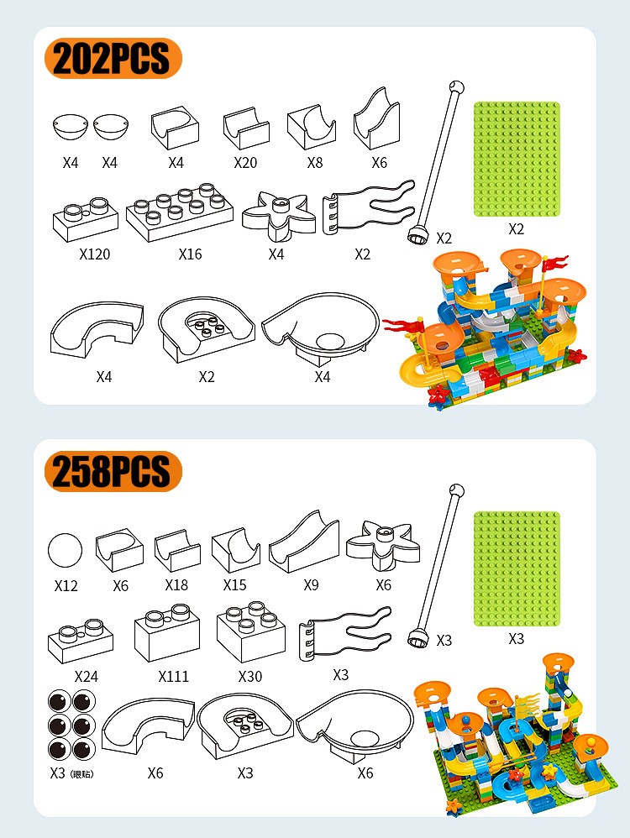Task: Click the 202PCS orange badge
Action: click(113, 58)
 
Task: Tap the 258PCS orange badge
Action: click(113, 471)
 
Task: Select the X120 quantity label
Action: click(95, 254)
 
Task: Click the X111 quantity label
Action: click(174, 677)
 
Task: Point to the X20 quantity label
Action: click(245, 162)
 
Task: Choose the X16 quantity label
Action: click(190, 254)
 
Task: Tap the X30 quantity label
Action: click(250, 677)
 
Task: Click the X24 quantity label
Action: click(87, 677)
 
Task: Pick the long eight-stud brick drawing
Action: click(180, 212)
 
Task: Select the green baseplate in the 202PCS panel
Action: click(517, 160)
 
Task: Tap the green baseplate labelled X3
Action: click(517, 568)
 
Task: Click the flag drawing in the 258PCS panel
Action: click(345, 635)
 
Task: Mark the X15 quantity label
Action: click(234, 585)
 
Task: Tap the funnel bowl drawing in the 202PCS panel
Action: click(321, 329)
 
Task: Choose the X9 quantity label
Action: click(312, 585)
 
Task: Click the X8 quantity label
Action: click(315, 162)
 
